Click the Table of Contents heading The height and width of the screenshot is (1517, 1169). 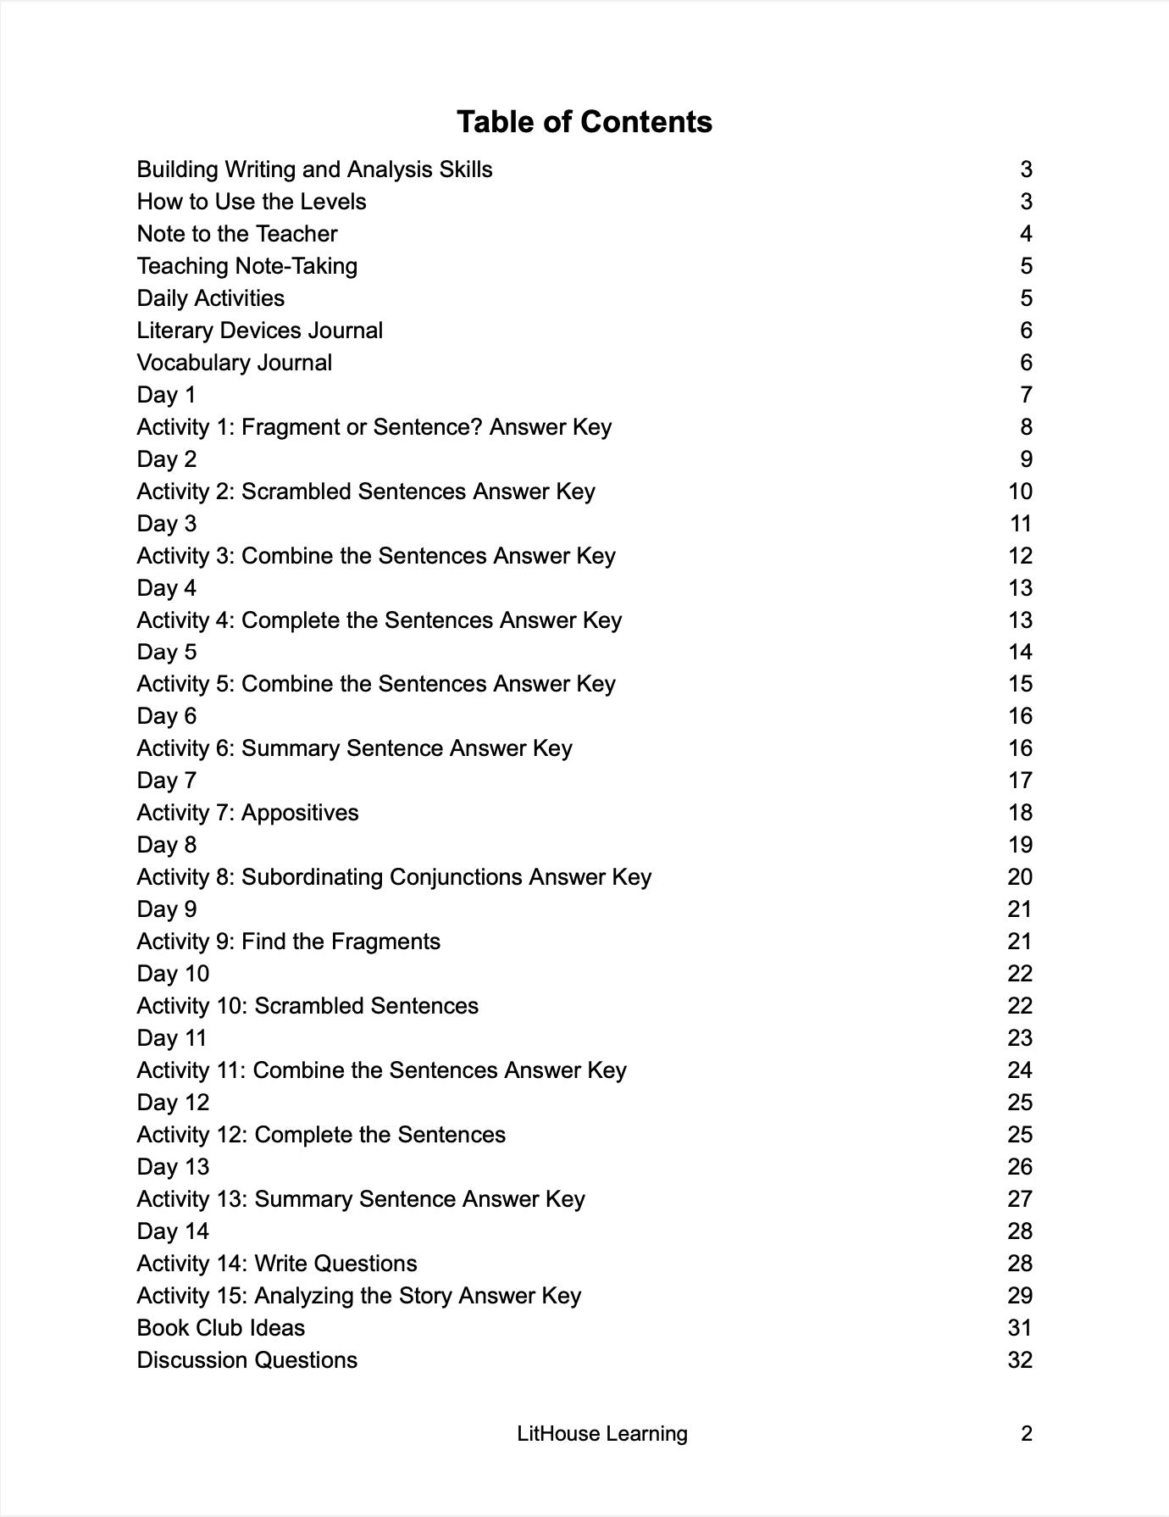click(x=584, y=122)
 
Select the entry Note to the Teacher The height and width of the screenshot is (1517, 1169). click(x=237, y=234)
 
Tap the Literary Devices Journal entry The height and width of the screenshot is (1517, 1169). click(x=259, y=331)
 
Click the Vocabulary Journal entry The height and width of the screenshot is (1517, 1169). click(x=234, y=363)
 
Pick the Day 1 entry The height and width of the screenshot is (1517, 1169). click(x=166, y=395)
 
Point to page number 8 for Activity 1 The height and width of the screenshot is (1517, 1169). click(x=1026, y=427)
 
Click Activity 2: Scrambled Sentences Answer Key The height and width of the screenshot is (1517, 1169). click(x=366, y=492)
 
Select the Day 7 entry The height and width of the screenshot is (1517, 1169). click(x=166, y=781)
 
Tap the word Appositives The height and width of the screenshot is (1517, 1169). click(x=300, y=813)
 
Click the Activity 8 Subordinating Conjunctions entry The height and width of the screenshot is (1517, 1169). click(x=394, y=877)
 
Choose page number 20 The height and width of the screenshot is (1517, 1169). click(x=1020, y=877)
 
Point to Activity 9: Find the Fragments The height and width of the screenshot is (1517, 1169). click(x=288, y=942)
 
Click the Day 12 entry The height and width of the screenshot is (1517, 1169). click(x=173, y=1103)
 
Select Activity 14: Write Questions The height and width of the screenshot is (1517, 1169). click(x=277, y=1264)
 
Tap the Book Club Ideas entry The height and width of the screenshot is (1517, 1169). click(x=220, y=1328)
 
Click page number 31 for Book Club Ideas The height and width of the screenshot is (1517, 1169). click(x=1020, y=1328)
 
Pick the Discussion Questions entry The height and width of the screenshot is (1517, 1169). click(x=247, y=1360)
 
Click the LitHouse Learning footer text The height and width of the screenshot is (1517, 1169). click(x=602, y=1434)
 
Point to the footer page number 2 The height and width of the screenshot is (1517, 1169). click(x=1026, y=1434)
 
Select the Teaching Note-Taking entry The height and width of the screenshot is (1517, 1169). click(x=247, y=266)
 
